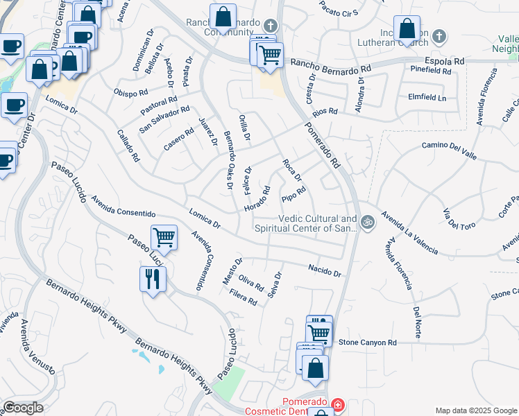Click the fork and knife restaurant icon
tap(153, 279)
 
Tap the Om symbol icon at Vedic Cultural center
tap(368, 223)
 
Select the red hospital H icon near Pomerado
tap(337, 404)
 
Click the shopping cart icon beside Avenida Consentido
tap(164, 238)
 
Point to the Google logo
tap(23, 408)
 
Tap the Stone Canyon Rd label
tap(367, 343)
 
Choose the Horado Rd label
tap(257, 200)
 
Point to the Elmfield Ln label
tap(427, 97)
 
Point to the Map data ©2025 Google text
tap(475, 410)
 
